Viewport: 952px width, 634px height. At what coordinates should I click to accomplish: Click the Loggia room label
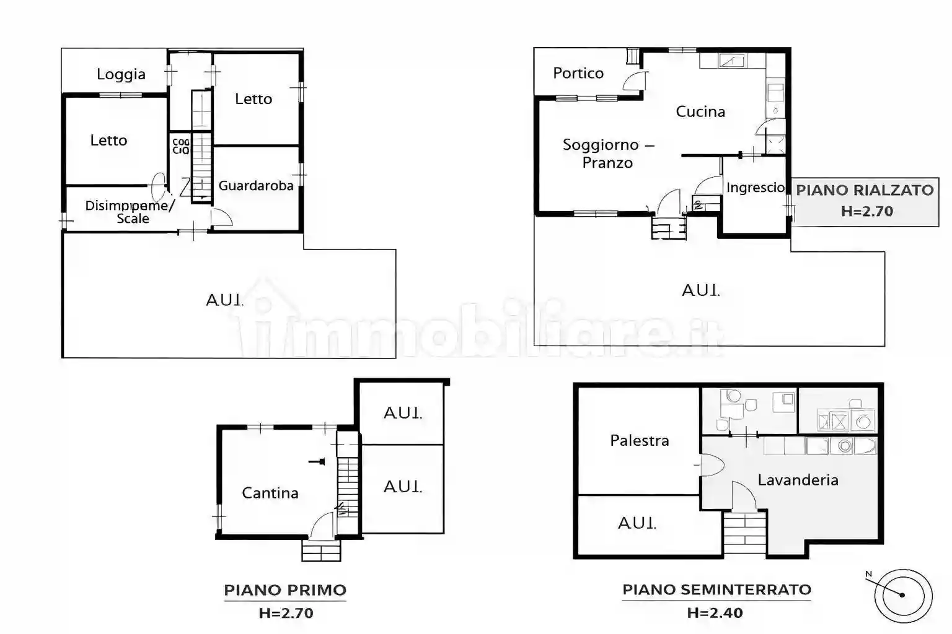(x=121, y=74)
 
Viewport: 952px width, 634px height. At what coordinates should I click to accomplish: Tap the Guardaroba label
(x=256, y=185)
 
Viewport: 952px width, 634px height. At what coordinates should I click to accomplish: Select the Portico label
(x=578, y=73)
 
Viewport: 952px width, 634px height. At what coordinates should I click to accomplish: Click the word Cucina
(x=700, y=111)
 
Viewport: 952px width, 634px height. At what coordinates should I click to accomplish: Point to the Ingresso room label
(x=756, y=187)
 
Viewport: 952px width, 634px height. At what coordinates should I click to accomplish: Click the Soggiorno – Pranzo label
(x=608, y=154)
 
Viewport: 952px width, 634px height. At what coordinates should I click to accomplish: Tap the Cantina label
(x=270, y=493)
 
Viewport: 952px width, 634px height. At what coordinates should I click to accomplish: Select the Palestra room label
(x=640, y=440)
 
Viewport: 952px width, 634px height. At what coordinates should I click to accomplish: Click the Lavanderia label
(x=798, y=480)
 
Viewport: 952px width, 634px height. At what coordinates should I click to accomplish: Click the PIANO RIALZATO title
(x=865, y=190)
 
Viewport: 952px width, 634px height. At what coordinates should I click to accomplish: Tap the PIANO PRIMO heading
(x=285, y=590)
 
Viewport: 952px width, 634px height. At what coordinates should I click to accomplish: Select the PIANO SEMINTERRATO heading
(x=716, y=589)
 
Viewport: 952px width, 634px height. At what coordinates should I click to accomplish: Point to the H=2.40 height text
(x=715, y=613)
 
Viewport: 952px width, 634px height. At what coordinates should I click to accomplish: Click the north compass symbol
(x=902, y=595)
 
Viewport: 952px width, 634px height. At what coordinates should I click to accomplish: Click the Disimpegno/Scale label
(x=130, y=211)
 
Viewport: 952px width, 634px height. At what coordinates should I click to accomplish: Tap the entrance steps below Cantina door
(x=321, y=550)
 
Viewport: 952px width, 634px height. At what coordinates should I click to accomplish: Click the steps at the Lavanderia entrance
(x=744, y=533)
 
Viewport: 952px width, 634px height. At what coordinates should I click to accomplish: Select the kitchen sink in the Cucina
(x=732, y=60)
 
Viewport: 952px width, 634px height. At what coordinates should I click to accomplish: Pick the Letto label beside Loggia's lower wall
(x=108, y=141)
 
